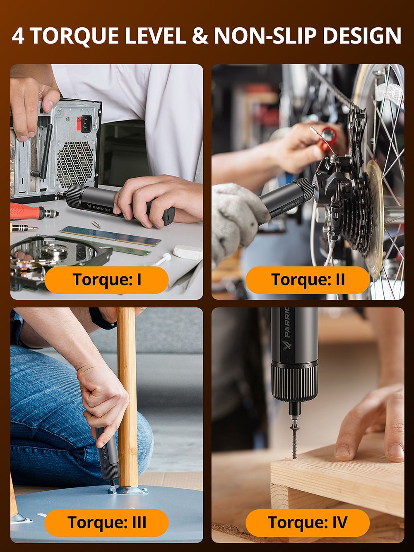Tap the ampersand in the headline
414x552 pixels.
200,36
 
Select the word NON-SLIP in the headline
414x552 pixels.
266,36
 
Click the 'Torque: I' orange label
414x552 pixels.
106,280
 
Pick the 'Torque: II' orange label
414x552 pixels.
307,280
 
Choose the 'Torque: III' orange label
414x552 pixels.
106,523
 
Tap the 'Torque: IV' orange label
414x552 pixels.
307,523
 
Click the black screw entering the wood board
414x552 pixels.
295,439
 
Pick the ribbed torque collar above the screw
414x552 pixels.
294,381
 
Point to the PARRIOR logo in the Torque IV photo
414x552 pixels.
287,331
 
